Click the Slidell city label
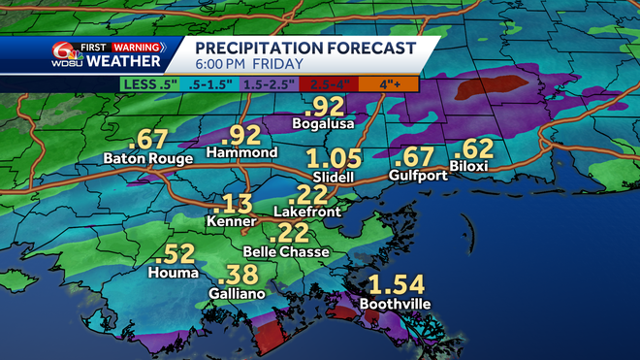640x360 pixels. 334,179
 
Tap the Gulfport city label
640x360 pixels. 415,176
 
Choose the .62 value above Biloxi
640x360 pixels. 474,149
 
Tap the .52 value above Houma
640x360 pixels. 176,254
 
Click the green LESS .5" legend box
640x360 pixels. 149,84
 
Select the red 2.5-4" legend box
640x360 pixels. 329,84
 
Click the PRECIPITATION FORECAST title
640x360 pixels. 305,48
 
